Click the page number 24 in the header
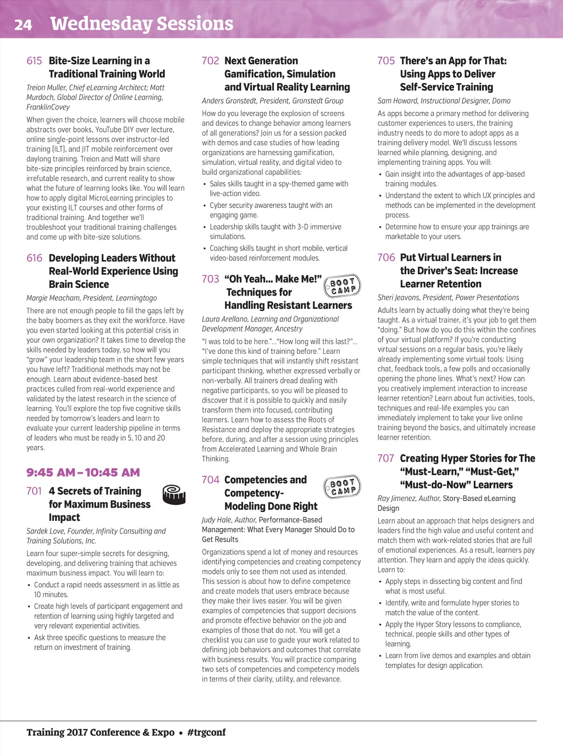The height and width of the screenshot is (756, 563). click(x=23, y=25)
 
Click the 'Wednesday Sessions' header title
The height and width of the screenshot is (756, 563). click(x=141, y=24)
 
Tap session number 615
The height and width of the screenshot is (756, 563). click(x=34, y=61)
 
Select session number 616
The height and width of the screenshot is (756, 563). click(x=34, y=258)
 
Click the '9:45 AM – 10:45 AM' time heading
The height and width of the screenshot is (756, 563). click(x=83, y=472)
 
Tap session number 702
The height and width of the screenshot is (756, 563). click(x=210, y=61)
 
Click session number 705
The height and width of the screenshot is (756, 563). click(x=386, y=61)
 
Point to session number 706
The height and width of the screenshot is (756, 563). click(x=386, y=258)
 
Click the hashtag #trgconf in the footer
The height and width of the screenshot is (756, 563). click(x=206, y=732)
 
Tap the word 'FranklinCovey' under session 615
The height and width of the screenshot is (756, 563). click(x=48, y=107)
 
